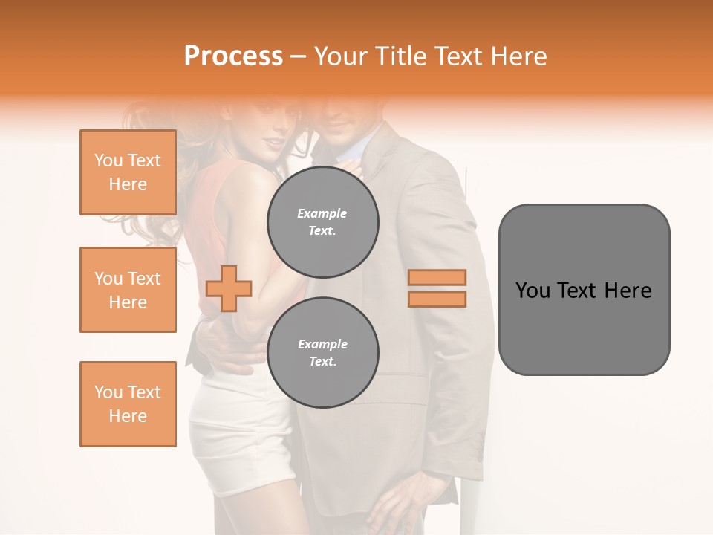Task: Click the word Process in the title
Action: coord(233,56)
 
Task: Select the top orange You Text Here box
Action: coord(128,172)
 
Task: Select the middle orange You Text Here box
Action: coord(128,290)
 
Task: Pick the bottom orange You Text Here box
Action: coord(128,404)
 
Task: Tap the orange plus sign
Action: coord(229,288)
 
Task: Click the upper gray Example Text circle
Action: coord(322,222)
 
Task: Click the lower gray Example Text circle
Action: coord(322,353)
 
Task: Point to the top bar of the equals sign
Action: coord(437,277)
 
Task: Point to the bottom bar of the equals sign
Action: coord(437,299)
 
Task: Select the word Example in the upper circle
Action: coord(322,214)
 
